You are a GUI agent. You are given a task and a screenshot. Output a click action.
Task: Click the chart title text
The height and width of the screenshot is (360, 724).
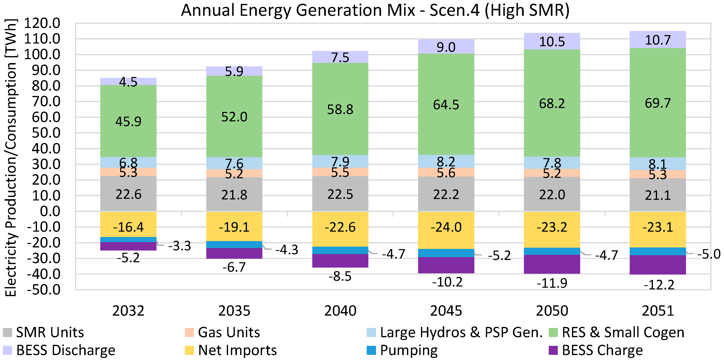point(375,11)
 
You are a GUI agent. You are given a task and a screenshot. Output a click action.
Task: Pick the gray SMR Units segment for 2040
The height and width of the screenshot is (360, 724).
point(340,194)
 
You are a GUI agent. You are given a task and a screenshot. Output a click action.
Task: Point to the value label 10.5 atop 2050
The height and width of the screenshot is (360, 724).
point(552,42)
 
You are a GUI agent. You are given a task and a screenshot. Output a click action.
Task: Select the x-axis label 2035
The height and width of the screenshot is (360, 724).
point(234,311)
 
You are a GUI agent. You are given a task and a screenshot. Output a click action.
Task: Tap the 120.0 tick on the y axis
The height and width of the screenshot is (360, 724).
point(42,23)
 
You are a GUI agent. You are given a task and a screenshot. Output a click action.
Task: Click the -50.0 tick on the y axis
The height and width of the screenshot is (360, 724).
point(43,290)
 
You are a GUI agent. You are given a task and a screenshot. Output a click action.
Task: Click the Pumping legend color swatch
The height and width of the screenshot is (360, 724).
point(371,350)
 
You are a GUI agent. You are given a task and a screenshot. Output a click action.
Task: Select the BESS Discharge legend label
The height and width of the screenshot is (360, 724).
point(66,350)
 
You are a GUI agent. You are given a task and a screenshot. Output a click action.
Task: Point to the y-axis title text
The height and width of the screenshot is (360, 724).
point(11,157)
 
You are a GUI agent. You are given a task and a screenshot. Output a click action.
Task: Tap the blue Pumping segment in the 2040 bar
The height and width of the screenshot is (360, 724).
point(340,250)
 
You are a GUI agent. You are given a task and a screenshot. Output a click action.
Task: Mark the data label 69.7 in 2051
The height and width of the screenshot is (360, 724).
point(657,103)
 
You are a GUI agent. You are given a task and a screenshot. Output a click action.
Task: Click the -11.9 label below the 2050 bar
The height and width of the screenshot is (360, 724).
point(552,283)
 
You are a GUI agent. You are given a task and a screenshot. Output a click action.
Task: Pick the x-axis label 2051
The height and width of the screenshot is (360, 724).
point(657,311)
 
